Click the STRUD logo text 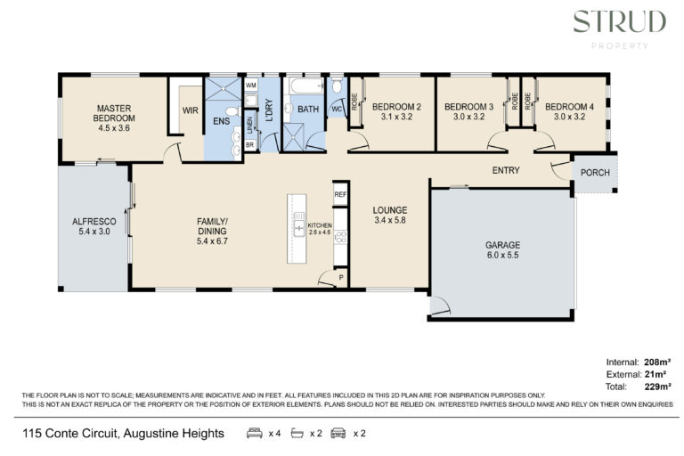[620, 21]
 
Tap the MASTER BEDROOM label [114, 113]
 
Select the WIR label [191, 110]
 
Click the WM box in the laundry [251, 85]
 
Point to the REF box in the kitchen [340, 194]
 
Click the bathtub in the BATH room [306, 85]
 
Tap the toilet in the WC [337, 85]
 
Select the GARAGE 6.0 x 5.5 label [503, 250]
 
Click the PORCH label [595, 173]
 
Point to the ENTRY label [506, 170]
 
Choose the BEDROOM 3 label [469, 107]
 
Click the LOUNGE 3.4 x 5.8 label [390, 216]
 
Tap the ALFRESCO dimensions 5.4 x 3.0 [94, 232]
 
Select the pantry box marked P [341, 278]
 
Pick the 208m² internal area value [657, 362]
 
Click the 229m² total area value [657, 387]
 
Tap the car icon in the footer [338, 434]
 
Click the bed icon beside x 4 [255, 434]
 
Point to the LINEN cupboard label [250, 126]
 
